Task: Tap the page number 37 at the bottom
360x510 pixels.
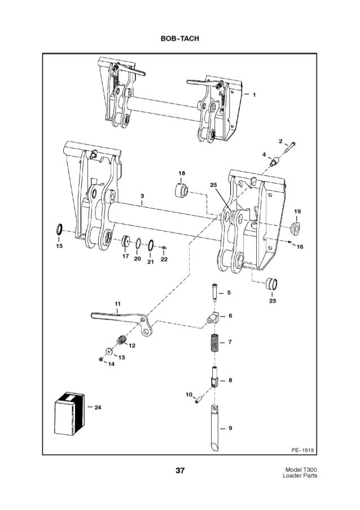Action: [181, 470]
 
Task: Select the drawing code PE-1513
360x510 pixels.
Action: [302, 450]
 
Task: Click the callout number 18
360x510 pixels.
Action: [182, 172]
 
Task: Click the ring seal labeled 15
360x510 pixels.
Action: [58, 229]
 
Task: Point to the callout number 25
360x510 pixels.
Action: [213, 185]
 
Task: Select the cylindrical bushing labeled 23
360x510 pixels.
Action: [272, 283]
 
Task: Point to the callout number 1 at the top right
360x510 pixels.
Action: [254, 94]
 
